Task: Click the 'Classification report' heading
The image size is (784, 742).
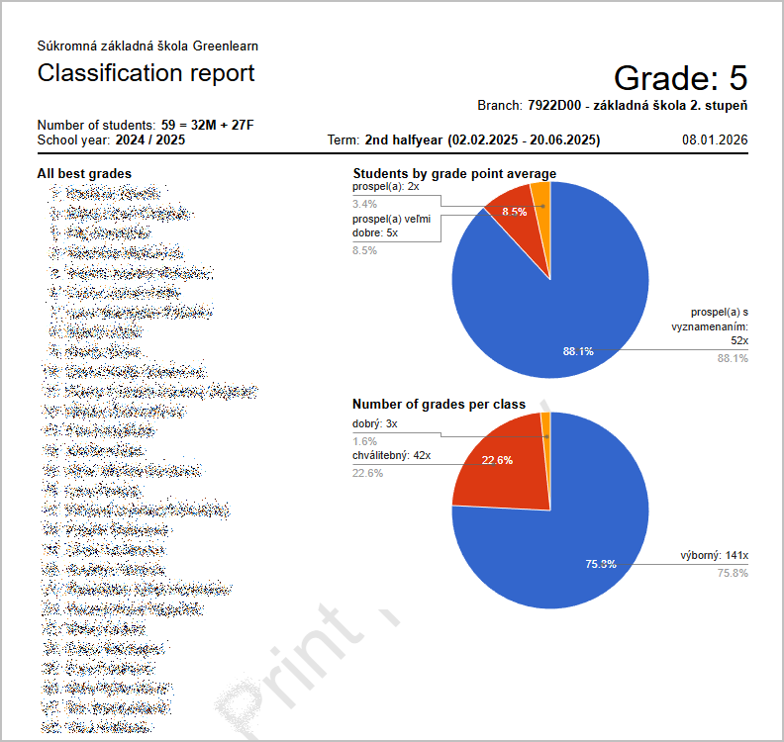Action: click(x=146, y=73)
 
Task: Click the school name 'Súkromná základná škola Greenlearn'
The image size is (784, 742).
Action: click(x=147, y=46)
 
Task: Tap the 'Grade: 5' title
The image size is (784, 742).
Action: click(x=680, y=77)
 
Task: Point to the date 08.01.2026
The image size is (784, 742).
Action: click(x=714, y=140)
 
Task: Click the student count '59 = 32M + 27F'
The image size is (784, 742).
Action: click(x=208, y=126)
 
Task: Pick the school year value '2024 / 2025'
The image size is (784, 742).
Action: click(x=150, y=140)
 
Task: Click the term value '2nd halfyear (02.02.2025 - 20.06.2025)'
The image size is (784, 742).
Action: click(x=482, y=140)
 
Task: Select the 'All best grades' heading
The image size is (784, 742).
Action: click(x=84, y=174)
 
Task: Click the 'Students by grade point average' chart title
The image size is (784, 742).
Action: click(x=454, y=174)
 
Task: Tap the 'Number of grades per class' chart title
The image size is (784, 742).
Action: click(x=439, y=404)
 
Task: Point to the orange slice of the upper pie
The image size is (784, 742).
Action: click(x=540, y=196)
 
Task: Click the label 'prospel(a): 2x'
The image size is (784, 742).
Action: click(x=386, y=186)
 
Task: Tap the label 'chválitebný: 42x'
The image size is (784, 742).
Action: click(x=391, y=456)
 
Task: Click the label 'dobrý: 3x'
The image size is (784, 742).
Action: click(x=375, y=423)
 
